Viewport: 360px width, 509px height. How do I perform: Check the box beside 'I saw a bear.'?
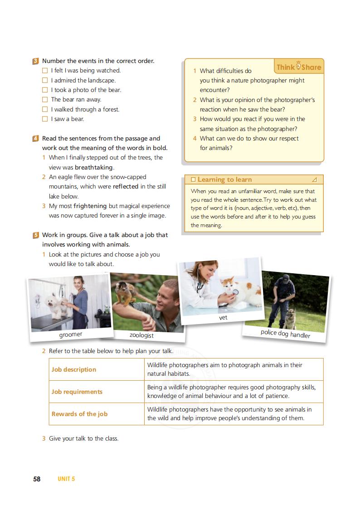pyautogui.click(x=45, y=119)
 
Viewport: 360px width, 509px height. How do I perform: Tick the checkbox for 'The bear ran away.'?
pyautogui.click(x=45, y=100)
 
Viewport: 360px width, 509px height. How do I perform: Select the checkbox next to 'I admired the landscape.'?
pyautogui.click(x=45, y=81)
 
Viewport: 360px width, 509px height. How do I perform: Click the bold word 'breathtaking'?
pyautogui.click(x=93, y=167)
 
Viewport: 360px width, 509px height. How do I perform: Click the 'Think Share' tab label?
pyautogui.click(x=299, y=67)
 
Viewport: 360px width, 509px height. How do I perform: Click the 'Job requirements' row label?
pyautogui.click(x=77, y=392)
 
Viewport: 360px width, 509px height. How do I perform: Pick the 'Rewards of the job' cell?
pyautogui.click(x=79, y=414)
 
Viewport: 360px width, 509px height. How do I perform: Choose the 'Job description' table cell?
pyautogui.click(x=74, y=369)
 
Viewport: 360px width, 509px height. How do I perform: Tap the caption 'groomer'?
pyautogui.click(x=71, y=335)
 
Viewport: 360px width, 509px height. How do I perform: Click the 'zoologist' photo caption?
pyautogui.click(x=141, y=335)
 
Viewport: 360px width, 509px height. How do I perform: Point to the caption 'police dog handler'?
pyautogui.click(x=285, y=334)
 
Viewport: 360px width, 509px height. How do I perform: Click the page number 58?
pyautogui.click(x=37, y=479)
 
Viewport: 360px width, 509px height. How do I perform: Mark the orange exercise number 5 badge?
pyautogui.click(x=35, y=235)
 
